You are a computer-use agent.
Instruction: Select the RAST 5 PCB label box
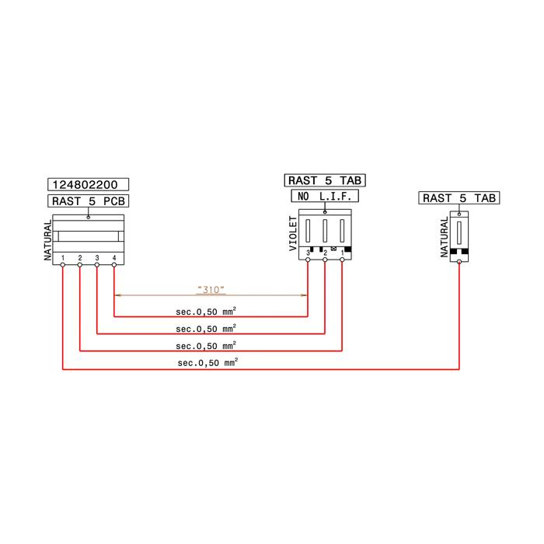click(88, 201)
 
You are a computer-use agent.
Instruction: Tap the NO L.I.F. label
click(325, 197)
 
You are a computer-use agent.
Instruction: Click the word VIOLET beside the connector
click(293, 233)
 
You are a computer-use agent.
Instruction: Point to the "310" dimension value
click(211, 289)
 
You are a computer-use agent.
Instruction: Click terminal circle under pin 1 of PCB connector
click(63, 265)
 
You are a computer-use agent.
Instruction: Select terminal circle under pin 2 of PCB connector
click(80, 265)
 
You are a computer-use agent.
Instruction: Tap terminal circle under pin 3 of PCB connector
click(97, 265)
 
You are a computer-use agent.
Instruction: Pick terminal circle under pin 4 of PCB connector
click(114, 265)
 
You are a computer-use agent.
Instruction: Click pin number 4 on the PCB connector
click(114, 258)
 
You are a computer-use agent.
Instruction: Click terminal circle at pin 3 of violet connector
click(308, 260)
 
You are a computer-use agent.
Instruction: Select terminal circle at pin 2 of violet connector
click(325, 260)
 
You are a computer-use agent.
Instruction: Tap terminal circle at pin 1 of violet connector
click(342, 260)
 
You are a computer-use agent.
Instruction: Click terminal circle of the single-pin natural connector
click(459, 262)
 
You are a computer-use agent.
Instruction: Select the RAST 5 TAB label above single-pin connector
click(459, 198)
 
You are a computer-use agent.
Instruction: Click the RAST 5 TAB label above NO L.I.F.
click(325, 180)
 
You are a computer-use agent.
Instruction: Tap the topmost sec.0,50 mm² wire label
click(206, 311)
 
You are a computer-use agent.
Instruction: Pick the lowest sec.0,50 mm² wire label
click(207, 363)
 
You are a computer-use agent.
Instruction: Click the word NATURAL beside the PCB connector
click(47, 240)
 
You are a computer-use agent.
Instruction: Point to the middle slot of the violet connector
click(325, 231)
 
